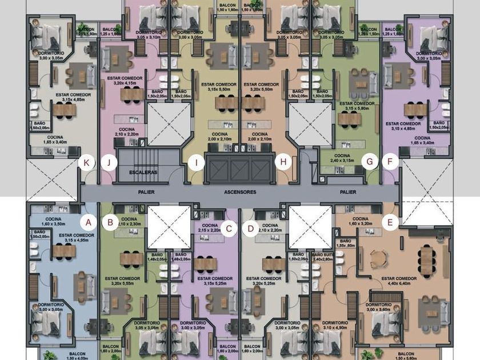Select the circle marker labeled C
(x=229, y=229)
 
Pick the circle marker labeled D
(x=250, y=229)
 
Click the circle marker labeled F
(x=390, y=162)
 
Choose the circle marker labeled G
(x=370, y=162)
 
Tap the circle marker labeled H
(x=282, y=162)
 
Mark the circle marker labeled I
(x=197, y=162)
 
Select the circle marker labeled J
(x=109, y=162)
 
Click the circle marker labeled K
(x=87, y=162)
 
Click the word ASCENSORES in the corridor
(x=240, y=193)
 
